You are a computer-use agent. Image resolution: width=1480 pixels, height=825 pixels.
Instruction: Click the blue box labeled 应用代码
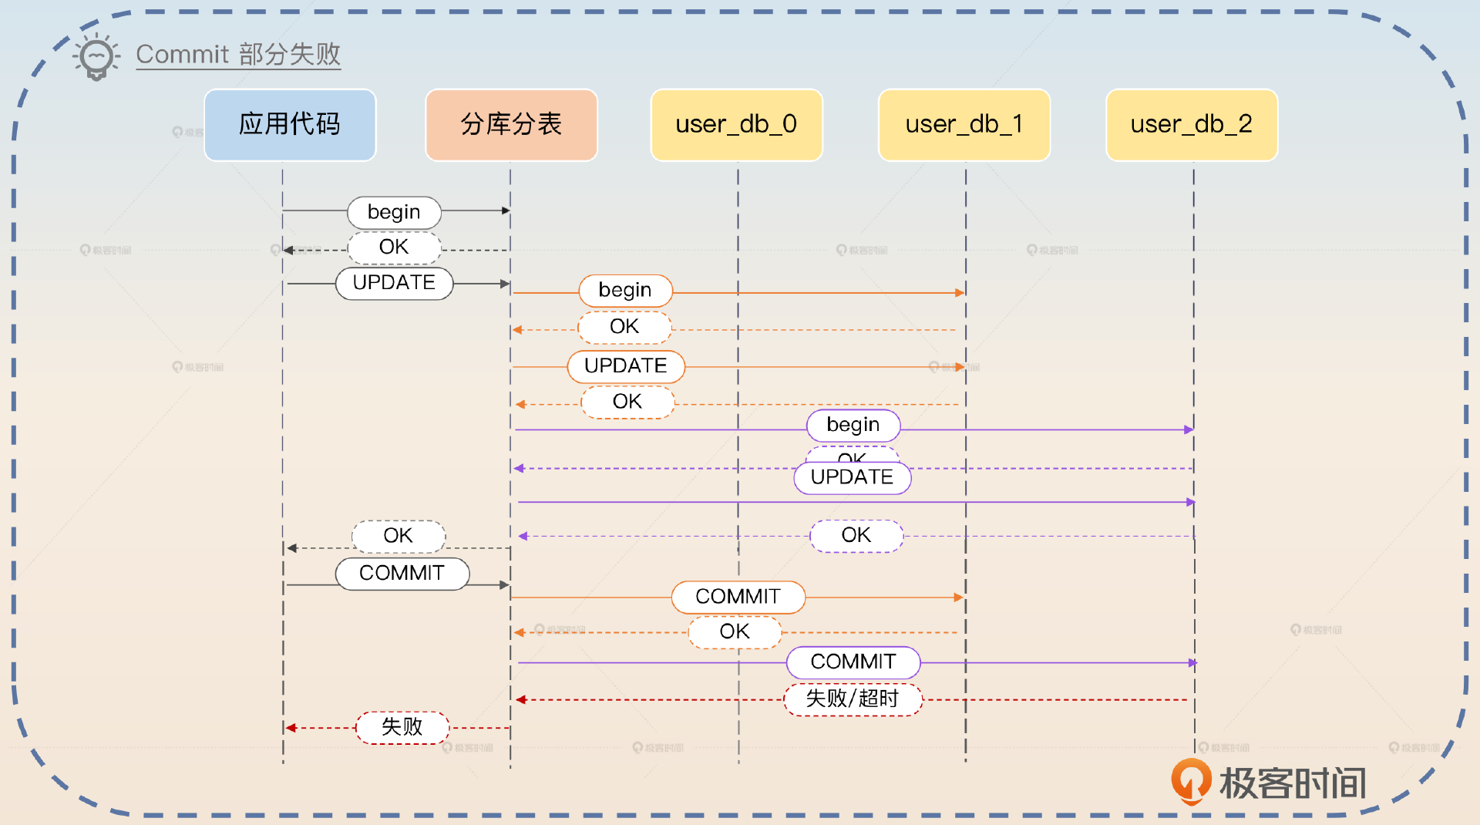(x=290, y=125)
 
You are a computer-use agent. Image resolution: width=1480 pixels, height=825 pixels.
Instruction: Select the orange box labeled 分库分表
(x=511, y=125)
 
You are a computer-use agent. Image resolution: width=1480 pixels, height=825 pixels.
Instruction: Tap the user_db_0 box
(x=736, y=125)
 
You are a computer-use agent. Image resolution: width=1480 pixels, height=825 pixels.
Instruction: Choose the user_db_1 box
(x=964, y=125)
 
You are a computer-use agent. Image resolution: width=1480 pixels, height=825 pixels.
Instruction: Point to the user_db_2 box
(x=1192, y=125)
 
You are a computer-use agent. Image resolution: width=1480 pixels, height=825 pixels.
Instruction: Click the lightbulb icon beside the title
(x=96, y=56)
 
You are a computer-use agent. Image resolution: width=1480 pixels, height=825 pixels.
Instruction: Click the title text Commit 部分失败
(x=238, y=55)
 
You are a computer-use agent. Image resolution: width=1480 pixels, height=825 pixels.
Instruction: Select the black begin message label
(x=394, y=212)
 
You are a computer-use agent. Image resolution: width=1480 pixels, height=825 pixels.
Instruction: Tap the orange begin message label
(x=625, y=291)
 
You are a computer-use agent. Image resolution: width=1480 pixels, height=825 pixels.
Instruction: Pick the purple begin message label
(x=853, y=425)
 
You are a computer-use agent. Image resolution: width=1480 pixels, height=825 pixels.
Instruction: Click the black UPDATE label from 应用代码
(x=394, y=283)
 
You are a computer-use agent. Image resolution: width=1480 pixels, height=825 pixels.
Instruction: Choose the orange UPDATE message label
(x=626, y=366)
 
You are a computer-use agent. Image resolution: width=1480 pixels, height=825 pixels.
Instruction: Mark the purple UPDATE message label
(x=853, y=478)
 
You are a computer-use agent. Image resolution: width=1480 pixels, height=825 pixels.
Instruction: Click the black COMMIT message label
(x=402, y=574)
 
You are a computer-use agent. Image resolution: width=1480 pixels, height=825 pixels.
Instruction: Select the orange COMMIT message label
(x=738, y=597)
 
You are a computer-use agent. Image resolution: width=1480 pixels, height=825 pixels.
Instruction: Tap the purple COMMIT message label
(x=853, y=662)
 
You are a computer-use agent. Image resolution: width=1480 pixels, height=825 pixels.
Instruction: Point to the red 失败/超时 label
(x=853, y=699)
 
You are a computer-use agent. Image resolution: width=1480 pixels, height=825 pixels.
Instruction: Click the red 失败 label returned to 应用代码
(x=402, y=727)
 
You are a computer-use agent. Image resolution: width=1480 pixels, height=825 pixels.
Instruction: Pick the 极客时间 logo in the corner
(x=1269, y=783)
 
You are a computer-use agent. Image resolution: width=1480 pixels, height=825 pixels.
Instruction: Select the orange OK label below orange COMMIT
(x=735, y=632)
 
